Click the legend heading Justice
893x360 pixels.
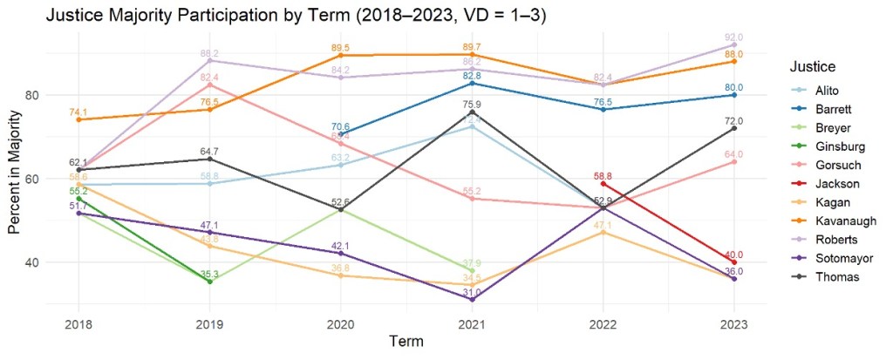pos(814,66)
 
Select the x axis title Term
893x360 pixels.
pos(406,341)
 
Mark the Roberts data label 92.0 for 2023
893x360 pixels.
pos(734,37)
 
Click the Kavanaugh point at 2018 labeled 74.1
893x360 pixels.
pos(78,119)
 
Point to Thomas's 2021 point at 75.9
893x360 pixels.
pos(472,112)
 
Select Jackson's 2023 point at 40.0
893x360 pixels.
pos(734,262)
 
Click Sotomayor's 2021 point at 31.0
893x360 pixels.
pos(472,300)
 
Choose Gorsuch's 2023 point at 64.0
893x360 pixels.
pos(734,162)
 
